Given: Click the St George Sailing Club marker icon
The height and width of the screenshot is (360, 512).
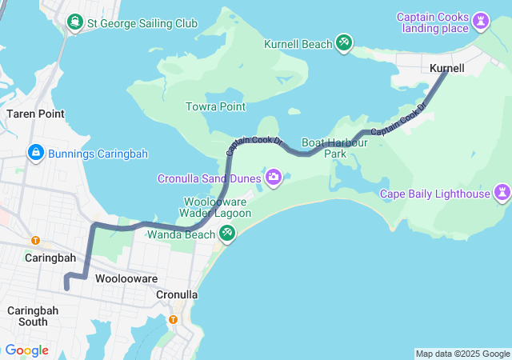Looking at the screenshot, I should pyautogui.click(x=75, y=22).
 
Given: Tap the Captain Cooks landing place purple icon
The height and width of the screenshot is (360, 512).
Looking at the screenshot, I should pyautogui.click(x=481, y=19).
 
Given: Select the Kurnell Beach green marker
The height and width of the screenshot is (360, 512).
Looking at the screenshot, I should pyautogui.click(x=343, y=43).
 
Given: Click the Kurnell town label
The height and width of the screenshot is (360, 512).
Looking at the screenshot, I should pyautogui.click(x=446, y=69).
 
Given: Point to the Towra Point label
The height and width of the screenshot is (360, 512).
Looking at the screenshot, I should pyautogui.click(x=215, y=106).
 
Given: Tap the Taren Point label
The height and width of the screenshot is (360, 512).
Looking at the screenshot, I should pyautogui.click(x=35, y=114).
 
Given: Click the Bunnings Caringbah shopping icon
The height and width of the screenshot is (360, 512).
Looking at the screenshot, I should pyautogui.click(x=35, y=152).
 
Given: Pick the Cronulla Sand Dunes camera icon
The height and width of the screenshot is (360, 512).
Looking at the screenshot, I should pyautogui.click(x=274, y=177).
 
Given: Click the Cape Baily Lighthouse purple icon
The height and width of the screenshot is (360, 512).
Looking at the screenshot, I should pyautogui.click(x=502, y=193).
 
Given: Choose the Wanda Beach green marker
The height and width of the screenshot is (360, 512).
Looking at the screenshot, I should pyautogui.click(x=227, y=234).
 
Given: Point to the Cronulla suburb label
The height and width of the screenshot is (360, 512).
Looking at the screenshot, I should pyautogui.click(x=176, y=294).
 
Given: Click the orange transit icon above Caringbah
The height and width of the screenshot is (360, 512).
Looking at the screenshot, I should pyautogui.click(x=35, y=240).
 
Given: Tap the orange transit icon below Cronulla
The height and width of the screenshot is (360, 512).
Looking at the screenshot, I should pyautogui.click(x=174, y=320).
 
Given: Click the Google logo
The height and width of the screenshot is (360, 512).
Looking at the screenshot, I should pyautogui.click(x=27, y=350).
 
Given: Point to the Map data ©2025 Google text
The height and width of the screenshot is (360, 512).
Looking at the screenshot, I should pyautogui.click(x=462, y=354).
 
